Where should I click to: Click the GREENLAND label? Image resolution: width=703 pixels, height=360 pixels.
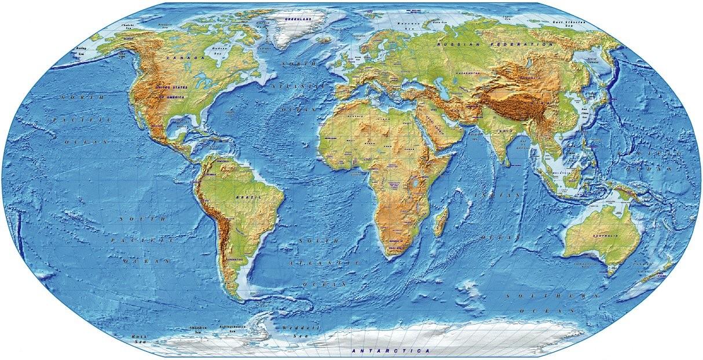(x=298, y=19)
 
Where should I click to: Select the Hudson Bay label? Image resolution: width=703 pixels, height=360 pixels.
(x=219, y=50)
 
